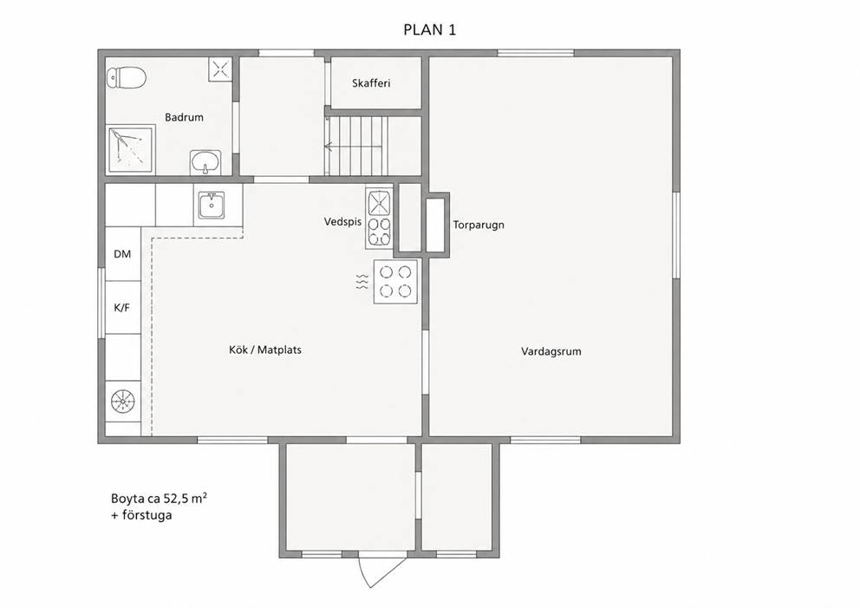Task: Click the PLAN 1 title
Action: (x=429, y=29)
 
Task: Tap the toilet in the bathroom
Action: (x=127, y=78)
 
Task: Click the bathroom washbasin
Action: (x=205, y=163)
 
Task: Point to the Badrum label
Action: (x=185, y=117)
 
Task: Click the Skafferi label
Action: (x=371, y=83)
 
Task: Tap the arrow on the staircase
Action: (x=353, y=147)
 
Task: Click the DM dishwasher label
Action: (x=122, y=254)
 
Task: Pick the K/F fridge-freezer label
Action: (x=121, y=308)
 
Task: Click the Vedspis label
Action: (x=342, y=222)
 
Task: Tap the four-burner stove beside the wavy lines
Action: (x=395, y=282)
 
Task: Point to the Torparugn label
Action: (x=479, y=225)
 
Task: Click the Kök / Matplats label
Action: (x=265, y=350)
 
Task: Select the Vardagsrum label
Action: (x=551, y=352)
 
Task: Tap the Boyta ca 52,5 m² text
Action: (x=159, y=498)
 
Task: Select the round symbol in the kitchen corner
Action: (x=122, y=402)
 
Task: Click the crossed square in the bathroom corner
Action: (x=220, y=69)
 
